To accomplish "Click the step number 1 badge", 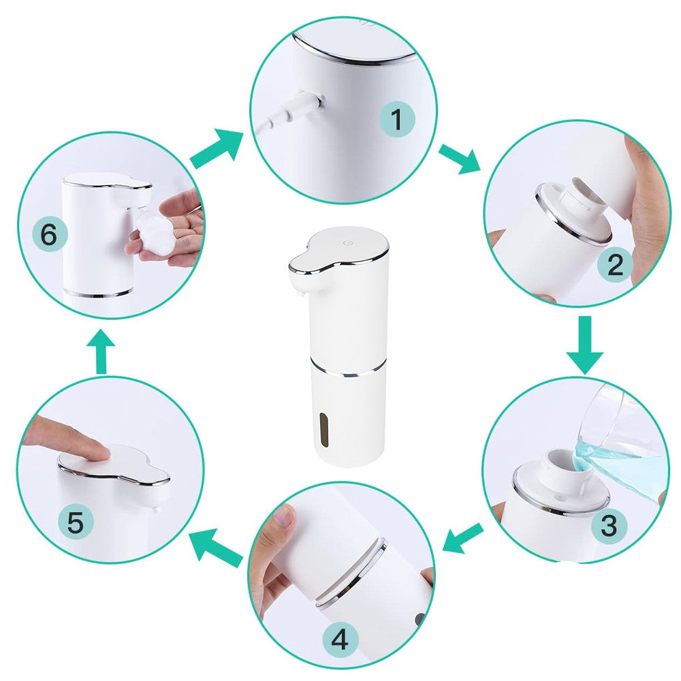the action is coord(396,119).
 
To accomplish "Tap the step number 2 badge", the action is coord(615,264).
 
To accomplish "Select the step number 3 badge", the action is coord(608,525).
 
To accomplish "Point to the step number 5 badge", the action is coord(76,521).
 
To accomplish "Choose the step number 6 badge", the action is coord(49,235).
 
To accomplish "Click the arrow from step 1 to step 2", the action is coord(460,159).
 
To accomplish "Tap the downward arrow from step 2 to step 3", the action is coord(585,345).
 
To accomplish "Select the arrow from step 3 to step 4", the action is coord(463,538).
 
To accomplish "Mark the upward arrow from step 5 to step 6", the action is coord(101,351).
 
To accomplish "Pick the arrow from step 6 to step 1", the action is coord(217,148).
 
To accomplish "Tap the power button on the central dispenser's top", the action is coord(347,243).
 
